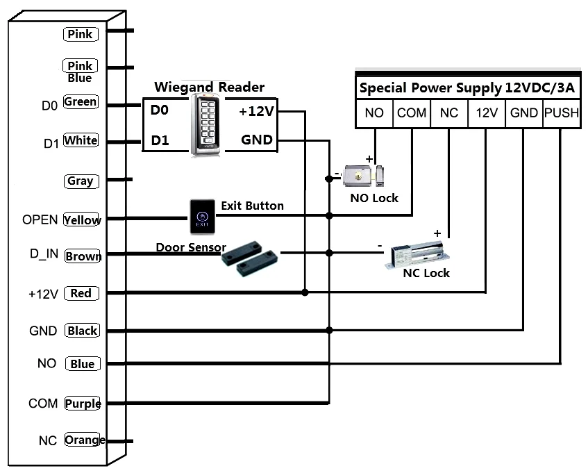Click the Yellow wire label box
82,219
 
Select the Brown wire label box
83,256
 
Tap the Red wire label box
81,293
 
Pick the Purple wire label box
82,404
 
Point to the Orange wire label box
84,440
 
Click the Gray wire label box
81,181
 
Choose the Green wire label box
81,102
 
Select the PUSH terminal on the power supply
561,113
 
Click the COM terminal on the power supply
412,113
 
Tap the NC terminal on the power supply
449,113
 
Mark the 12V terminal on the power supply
486,113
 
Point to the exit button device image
202,217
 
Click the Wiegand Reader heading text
209,87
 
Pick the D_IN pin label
43,254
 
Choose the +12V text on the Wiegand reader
256,110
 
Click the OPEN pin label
40,219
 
